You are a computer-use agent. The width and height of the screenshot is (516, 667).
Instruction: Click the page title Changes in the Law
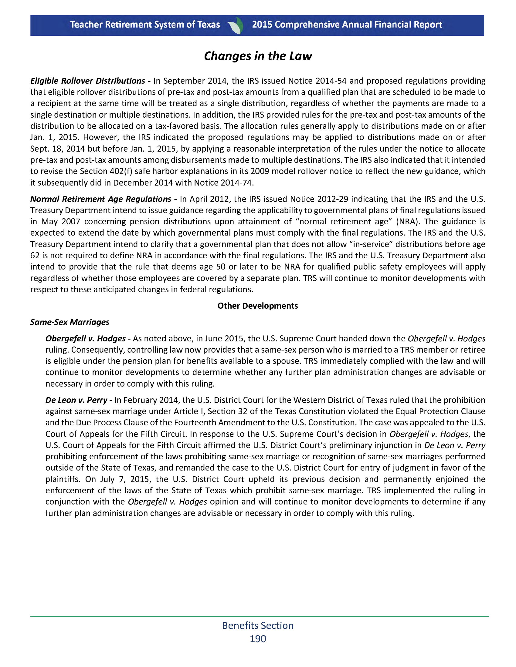(258, 56)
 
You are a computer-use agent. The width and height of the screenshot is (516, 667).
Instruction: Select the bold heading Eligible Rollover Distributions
(87, 81)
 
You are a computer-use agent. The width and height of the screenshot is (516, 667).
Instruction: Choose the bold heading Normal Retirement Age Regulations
(100, 199)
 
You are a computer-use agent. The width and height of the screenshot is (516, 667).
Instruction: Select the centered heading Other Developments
(258, 306)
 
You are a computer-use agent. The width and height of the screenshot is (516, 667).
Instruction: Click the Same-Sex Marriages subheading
(70, 322)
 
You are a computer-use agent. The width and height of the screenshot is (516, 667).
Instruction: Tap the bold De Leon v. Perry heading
(76, 400)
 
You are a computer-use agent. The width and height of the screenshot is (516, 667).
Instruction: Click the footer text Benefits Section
(258, 625)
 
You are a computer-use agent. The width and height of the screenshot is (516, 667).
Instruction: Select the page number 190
(258, 639)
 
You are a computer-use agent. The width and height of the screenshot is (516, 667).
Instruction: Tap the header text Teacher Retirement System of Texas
(145, 25)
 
